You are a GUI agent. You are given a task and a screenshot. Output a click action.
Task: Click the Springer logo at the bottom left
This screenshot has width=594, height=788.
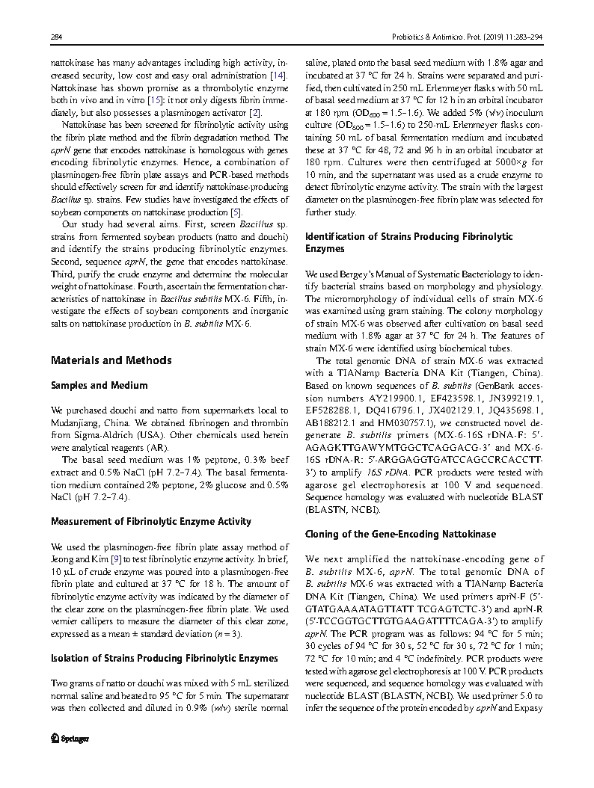point(70,738)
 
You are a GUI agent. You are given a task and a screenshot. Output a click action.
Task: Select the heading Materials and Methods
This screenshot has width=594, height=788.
point(111,360)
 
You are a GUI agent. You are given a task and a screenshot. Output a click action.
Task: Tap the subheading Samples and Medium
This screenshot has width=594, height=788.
point(99,386)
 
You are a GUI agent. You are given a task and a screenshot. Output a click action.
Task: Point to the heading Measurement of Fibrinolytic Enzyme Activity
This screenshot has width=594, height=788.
point(150,521)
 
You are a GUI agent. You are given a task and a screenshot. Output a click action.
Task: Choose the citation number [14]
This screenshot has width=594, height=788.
point(278,76)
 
